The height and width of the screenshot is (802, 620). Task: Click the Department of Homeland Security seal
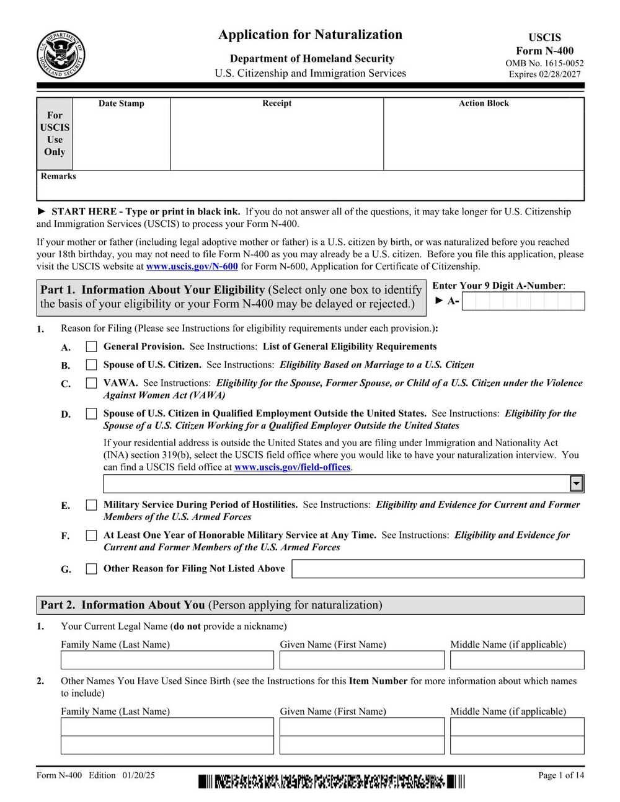point(61,55)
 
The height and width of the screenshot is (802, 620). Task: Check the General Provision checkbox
point(91,347)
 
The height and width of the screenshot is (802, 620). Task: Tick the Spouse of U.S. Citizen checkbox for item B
point(91,365)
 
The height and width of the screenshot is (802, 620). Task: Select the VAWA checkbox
point(91,384)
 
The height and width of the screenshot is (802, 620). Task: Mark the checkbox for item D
point(91,414)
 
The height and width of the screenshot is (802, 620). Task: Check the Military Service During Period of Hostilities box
point(91,505)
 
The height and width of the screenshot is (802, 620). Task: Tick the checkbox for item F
point(91,535)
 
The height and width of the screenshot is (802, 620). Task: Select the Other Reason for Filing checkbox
point(91,569)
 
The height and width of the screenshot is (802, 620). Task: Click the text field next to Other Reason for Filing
point(438,569)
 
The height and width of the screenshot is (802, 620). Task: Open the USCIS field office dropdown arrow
point(577,483)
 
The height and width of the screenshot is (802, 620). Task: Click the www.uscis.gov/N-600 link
point(192,267)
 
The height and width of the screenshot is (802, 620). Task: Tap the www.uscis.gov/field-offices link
point(292,467)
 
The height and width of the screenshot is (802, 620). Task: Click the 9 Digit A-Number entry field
point(523,301)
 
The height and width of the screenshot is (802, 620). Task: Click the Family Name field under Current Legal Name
point(167,660)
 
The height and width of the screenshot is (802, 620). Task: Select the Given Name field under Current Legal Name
point(361,660)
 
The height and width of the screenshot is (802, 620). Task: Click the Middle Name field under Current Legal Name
point(517,660)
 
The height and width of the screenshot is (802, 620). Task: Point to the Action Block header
point(484,104)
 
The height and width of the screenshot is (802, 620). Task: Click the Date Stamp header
point(122,104)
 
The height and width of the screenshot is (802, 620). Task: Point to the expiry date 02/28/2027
point(560,74)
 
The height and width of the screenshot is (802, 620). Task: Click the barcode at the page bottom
point(331,782)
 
